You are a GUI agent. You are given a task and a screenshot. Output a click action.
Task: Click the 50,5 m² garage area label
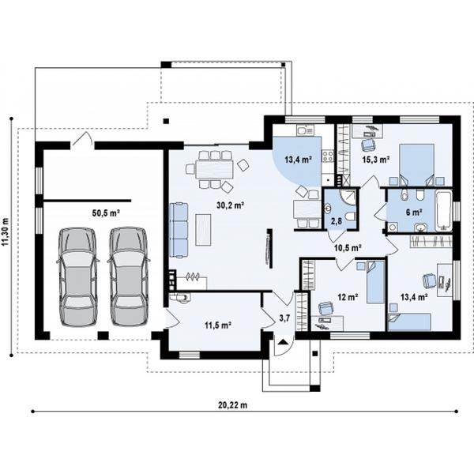point(106,213)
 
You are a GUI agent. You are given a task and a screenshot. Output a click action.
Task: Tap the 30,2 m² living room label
point(231,205)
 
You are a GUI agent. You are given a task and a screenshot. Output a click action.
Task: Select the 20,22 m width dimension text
point(233,405)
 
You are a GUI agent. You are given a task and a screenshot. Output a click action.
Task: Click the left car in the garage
point(77,276)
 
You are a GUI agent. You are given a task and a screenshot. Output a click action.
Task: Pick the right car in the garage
point(129,276)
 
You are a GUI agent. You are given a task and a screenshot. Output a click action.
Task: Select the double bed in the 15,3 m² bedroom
point(417,165)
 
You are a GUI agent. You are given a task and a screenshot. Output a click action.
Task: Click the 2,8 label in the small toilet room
point(337,221)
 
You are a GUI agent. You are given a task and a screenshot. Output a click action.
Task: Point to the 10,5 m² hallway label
point(348,248)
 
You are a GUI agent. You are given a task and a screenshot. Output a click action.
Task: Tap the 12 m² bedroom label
point(348,298)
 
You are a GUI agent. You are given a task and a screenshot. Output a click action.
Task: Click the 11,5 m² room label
point(218,325)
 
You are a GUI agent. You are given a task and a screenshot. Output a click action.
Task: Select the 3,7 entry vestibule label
point(284,318)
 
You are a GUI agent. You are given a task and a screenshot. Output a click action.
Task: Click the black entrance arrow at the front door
point(283,342)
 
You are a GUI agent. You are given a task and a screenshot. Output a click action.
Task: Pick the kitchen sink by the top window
point(305,130)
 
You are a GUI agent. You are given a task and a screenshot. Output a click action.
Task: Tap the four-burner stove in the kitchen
point(328,156)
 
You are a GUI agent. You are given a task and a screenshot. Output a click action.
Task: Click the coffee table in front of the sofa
point(203,229)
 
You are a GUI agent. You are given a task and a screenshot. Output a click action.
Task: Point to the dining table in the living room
point(215,169)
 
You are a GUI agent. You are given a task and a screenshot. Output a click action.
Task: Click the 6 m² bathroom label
point(414,213)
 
